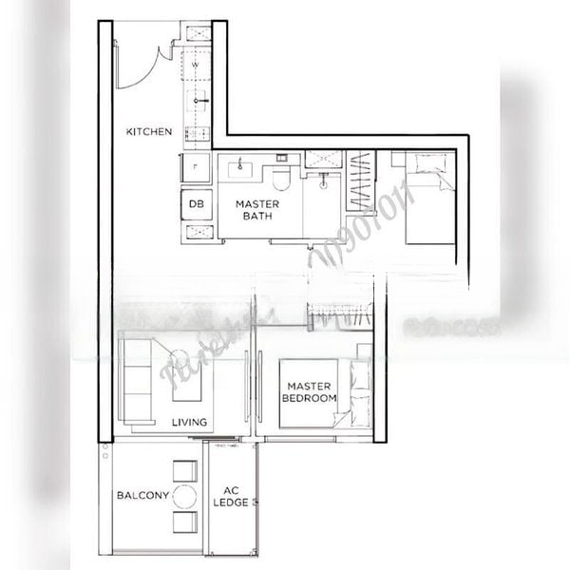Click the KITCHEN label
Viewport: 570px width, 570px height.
coord(149,131)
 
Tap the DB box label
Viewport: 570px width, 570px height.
coord(196,203)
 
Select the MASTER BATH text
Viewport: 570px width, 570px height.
coord(256,210)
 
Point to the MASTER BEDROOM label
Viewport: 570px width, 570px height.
coord(309,392)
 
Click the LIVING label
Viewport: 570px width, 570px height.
coord(190,423)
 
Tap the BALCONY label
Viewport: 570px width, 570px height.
coord(142,495)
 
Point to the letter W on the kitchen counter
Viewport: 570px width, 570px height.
coord(196,65)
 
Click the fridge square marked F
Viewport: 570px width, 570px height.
coord(196,167)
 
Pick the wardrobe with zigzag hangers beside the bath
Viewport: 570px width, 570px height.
coord(360,181)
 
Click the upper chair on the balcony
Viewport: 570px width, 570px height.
coord(184,472)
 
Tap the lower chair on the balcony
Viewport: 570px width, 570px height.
coord(184,521)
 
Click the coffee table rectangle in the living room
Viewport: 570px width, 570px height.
coord(186,381)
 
